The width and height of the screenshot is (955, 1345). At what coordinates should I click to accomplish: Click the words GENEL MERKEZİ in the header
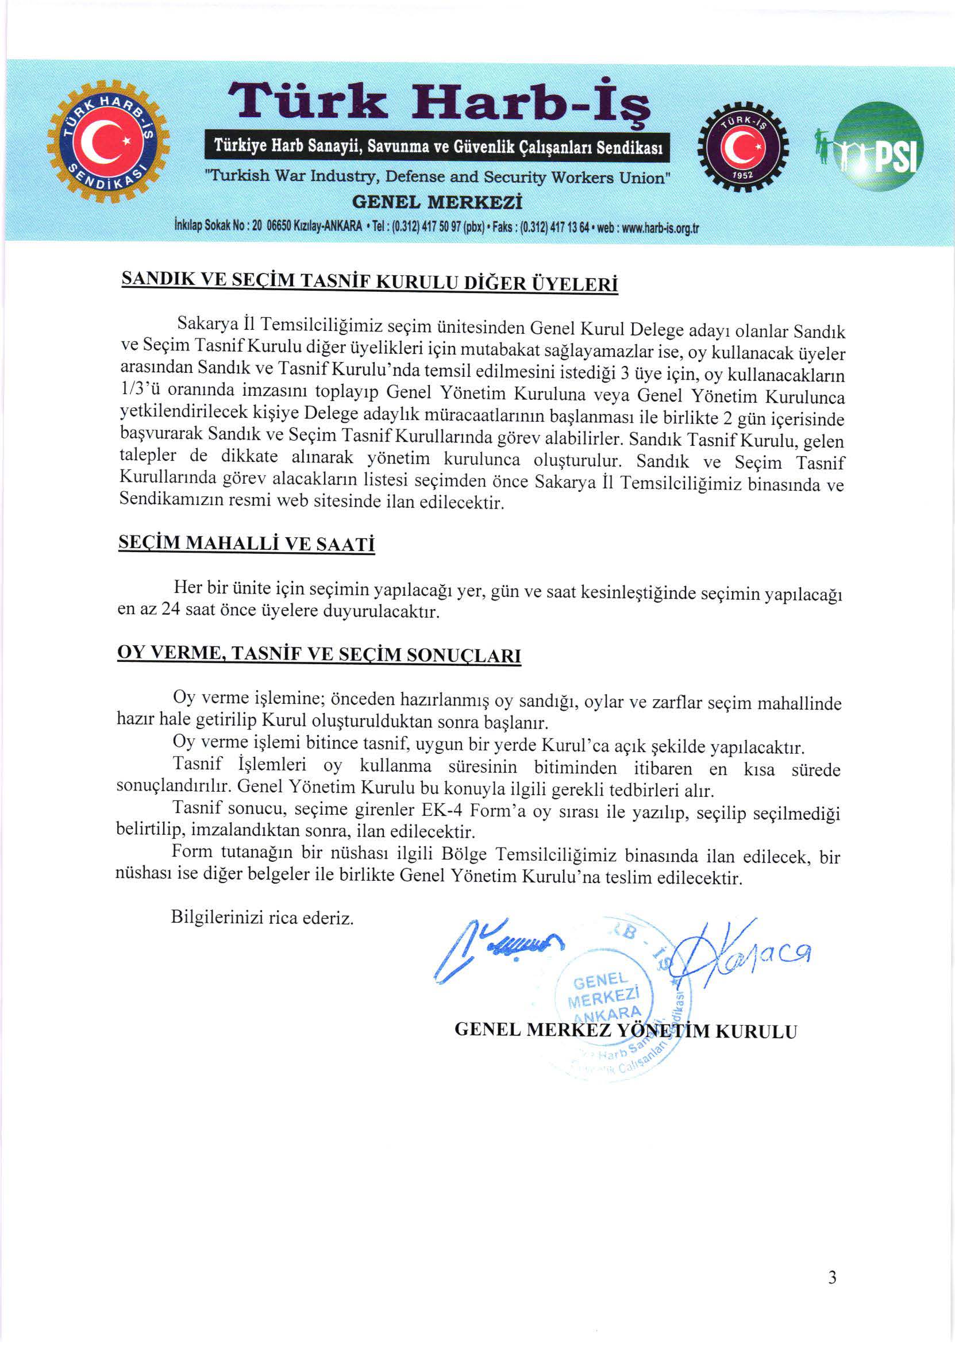coord(436,203)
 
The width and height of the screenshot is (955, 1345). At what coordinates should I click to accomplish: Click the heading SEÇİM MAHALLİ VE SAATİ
coord(247,543)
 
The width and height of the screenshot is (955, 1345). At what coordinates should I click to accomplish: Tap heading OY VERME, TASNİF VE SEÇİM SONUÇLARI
coord(319,654)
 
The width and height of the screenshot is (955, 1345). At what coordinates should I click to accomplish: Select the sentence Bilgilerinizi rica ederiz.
coord(262,918)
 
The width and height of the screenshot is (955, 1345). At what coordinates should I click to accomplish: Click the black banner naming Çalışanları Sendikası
coord(438,147)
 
